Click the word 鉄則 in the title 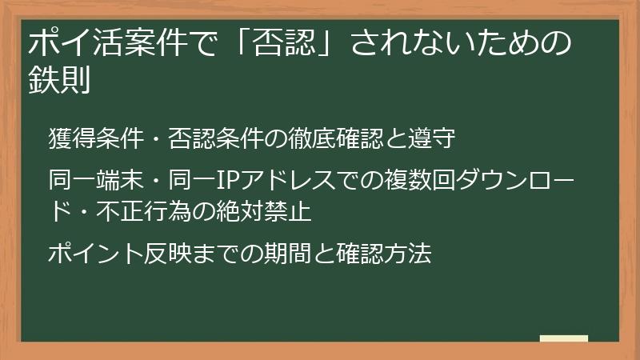click(58, 81)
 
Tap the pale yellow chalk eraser click(564, 339)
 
